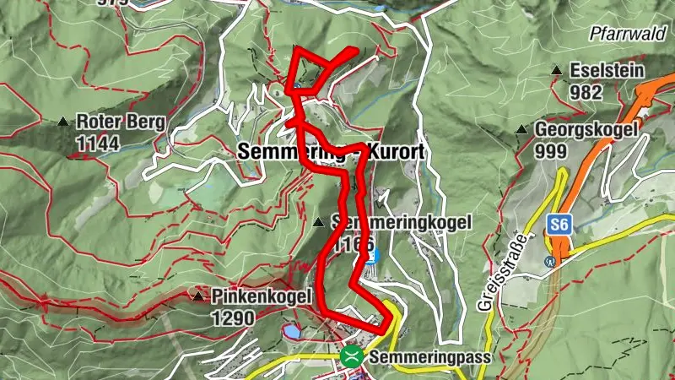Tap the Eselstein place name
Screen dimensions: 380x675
[x=607, y=71]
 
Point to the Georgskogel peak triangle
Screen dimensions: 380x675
[x=521, y=130]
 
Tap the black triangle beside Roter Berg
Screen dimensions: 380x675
[x=63, y=122]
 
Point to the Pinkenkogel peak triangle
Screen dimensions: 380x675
[x=197, y=296]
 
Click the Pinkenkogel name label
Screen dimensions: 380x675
[x=262, y=297]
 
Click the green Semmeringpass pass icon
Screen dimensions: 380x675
[x=352, y=356]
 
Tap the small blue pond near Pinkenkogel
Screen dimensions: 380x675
[x=291, y=332]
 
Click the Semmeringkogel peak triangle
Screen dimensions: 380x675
[x=318, y=223]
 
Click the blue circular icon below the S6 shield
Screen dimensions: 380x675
[x=550, y=261]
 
